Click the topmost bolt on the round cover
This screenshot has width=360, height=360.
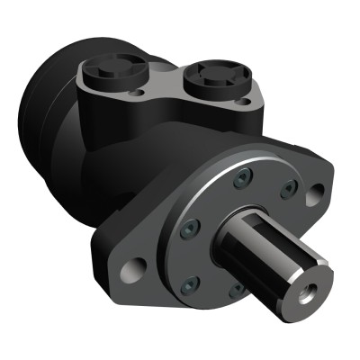(x=240, y=181)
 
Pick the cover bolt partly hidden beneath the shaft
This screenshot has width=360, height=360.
(x=237, y=290)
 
